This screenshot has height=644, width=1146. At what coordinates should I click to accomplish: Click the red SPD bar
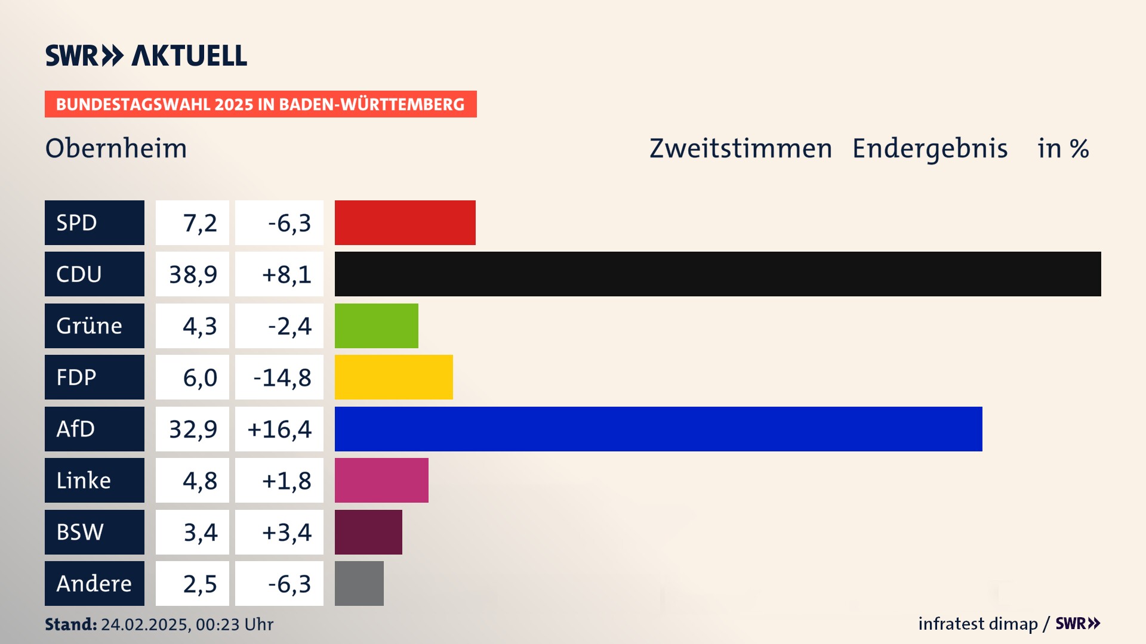pyautogui.click(x=405, y=222)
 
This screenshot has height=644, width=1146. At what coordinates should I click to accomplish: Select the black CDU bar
pyautogui.click(x=717, y=274)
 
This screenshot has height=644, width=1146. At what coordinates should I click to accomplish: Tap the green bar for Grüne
pyautogui.click(x=376, y=326)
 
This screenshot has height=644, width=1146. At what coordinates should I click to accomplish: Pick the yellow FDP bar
pyautogui.click(x=393, y=377)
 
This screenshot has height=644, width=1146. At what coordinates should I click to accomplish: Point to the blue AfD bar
pyautogui.click(x=658, y=429)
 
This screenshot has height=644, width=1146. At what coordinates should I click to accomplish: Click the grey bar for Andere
pyautogui.click(x=359, y=583)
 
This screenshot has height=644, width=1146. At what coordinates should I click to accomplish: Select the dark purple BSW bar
pyautogui.click(x=368, y=532)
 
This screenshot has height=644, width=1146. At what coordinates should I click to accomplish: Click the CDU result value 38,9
pyautogui.click(x=192, y=274)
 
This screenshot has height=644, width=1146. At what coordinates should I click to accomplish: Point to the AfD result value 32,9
pyautogui.click(x=192, y=429)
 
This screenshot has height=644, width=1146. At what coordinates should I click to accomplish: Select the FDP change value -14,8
pyautogui.click(x=282, y=377)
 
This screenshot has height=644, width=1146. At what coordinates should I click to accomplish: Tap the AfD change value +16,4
pyautogui.click(x=279, y=429)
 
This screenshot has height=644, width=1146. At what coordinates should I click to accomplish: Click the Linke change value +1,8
pyautogui.click(x=286, y=481)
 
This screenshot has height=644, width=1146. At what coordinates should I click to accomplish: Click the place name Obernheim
pyautogui.click(x=116, y=148)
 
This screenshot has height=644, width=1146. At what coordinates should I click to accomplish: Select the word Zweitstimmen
pyautogui.click(x=740, y=148)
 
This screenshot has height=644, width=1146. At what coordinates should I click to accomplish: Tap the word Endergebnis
pyautogui.click(x=929, y=148)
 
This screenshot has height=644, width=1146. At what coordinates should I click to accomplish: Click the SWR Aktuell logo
pyautogui.click(x=146, y=55)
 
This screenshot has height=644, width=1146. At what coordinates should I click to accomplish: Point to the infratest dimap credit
pyautogui.click(x=977, y=624)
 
